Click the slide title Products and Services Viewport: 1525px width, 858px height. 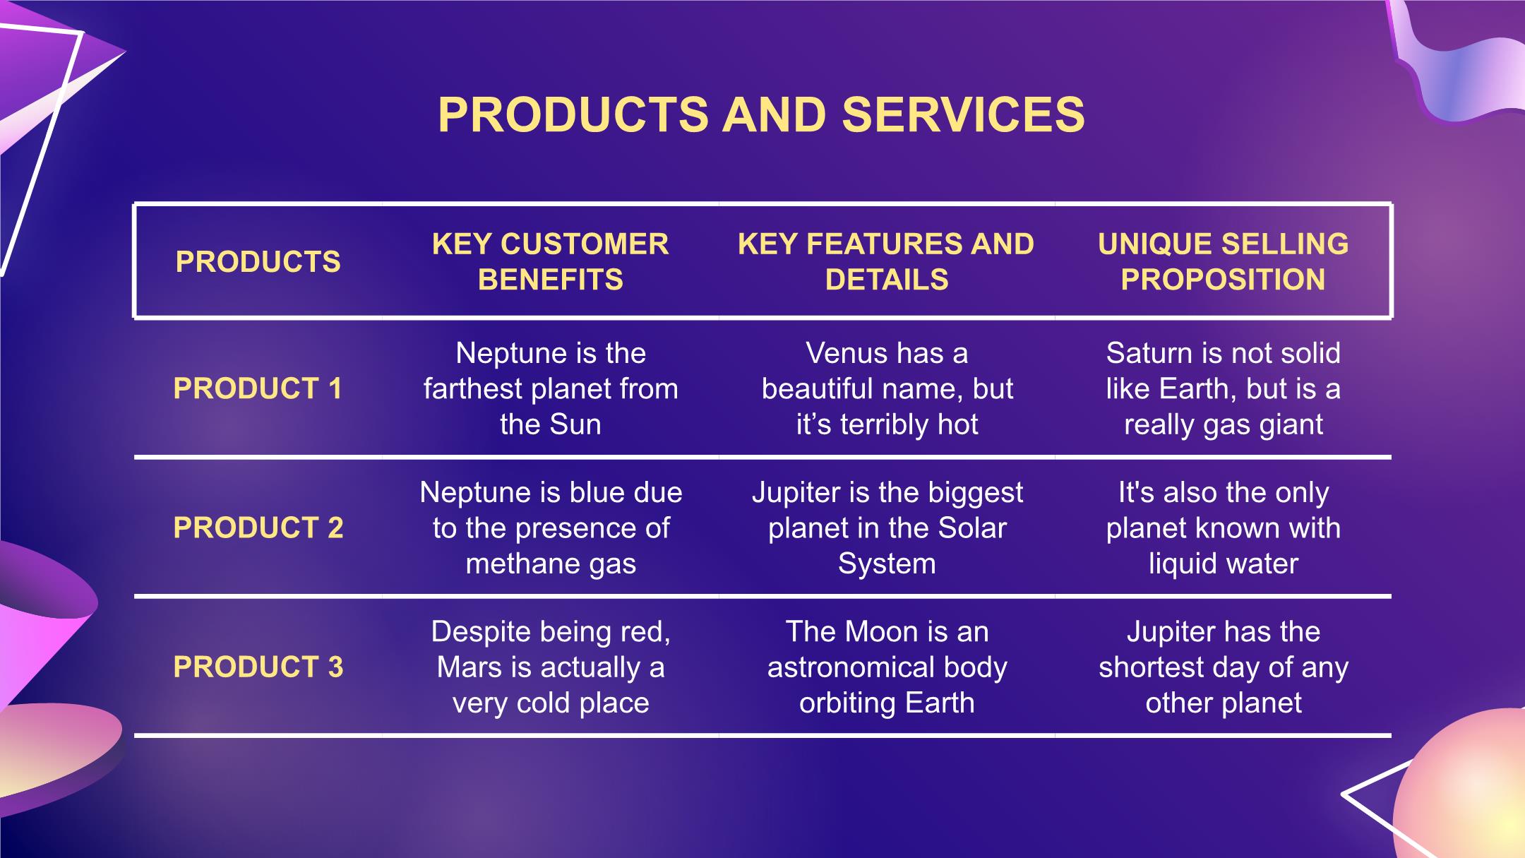761,114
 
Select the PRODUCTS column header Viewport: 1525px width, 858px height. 258,262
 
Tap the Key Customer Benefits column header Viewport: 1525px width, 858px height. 551,261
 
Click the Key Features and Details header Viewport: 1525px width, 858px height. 887,261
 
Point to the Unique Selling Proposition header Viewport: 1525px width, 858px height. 1224,261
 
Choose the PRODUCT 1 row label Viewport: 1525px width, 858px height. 258,388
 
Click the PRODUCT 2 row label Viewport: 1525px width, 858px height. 258,528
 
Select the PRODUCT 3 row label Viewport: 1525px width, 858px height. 258,667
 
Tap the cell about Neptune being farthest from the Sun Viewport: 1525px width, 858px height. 551,388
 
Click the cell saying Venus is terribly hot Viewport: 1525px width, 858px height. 887,388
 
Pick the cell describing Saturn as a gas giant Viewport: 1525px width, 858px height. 1224,388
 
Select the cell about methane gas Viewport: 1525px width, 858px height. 551,528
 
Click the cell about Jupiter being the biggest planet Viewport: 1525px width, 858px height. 887,528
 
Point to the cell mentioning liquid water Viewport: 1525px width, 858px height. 1224,528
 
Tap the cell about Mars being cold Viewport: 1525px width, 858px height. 551,667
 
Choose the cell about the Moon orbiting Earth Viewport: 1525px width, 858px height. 887,667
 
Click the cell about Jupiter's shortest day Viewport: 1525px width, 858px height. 1224,667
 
